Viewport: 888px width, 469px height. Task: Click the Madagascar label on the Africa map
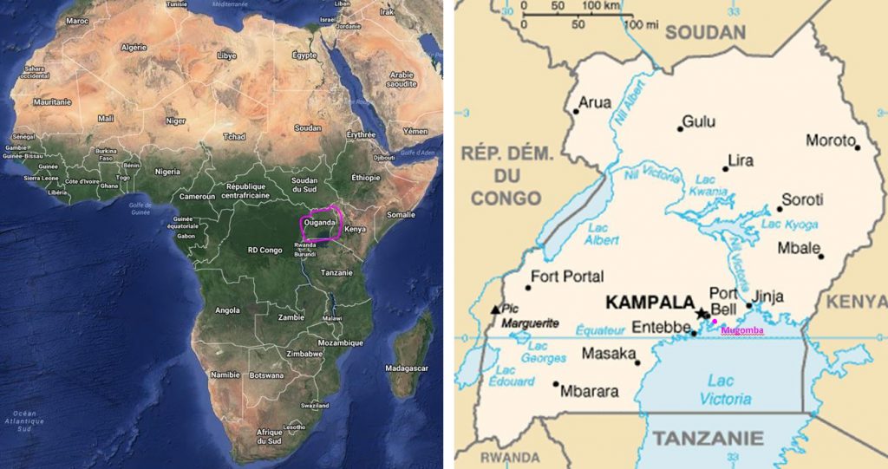407,368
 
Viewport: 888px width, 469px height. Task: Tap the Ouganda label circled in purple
319,222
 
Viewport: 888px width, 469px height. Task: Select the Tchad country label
233,136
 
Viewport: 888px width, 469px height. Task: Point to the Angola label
227,309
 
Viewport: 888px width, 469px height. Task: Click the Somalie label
401,214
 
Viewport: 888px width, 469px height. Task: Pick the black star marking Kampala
702,313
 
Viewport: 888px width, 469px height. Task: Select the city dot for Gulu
681,129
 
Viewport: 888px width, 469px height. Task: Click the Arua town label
595,102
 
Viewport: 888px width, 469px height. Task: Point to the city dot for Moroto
858,147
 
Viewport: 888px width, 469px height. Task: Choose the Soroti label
802,199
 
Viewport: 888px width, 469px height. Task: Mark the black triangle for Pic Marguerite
495,309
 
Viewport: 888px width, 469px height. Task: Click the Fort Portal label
567,277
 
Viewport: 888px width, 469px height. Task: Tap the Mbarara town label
590,391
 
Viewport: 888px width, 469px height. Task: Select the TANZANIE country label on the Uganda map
708,438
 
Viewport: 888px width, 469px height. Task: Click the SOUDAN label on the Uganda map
706,33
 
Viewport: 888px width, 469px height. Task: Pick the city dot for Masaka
637,362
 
